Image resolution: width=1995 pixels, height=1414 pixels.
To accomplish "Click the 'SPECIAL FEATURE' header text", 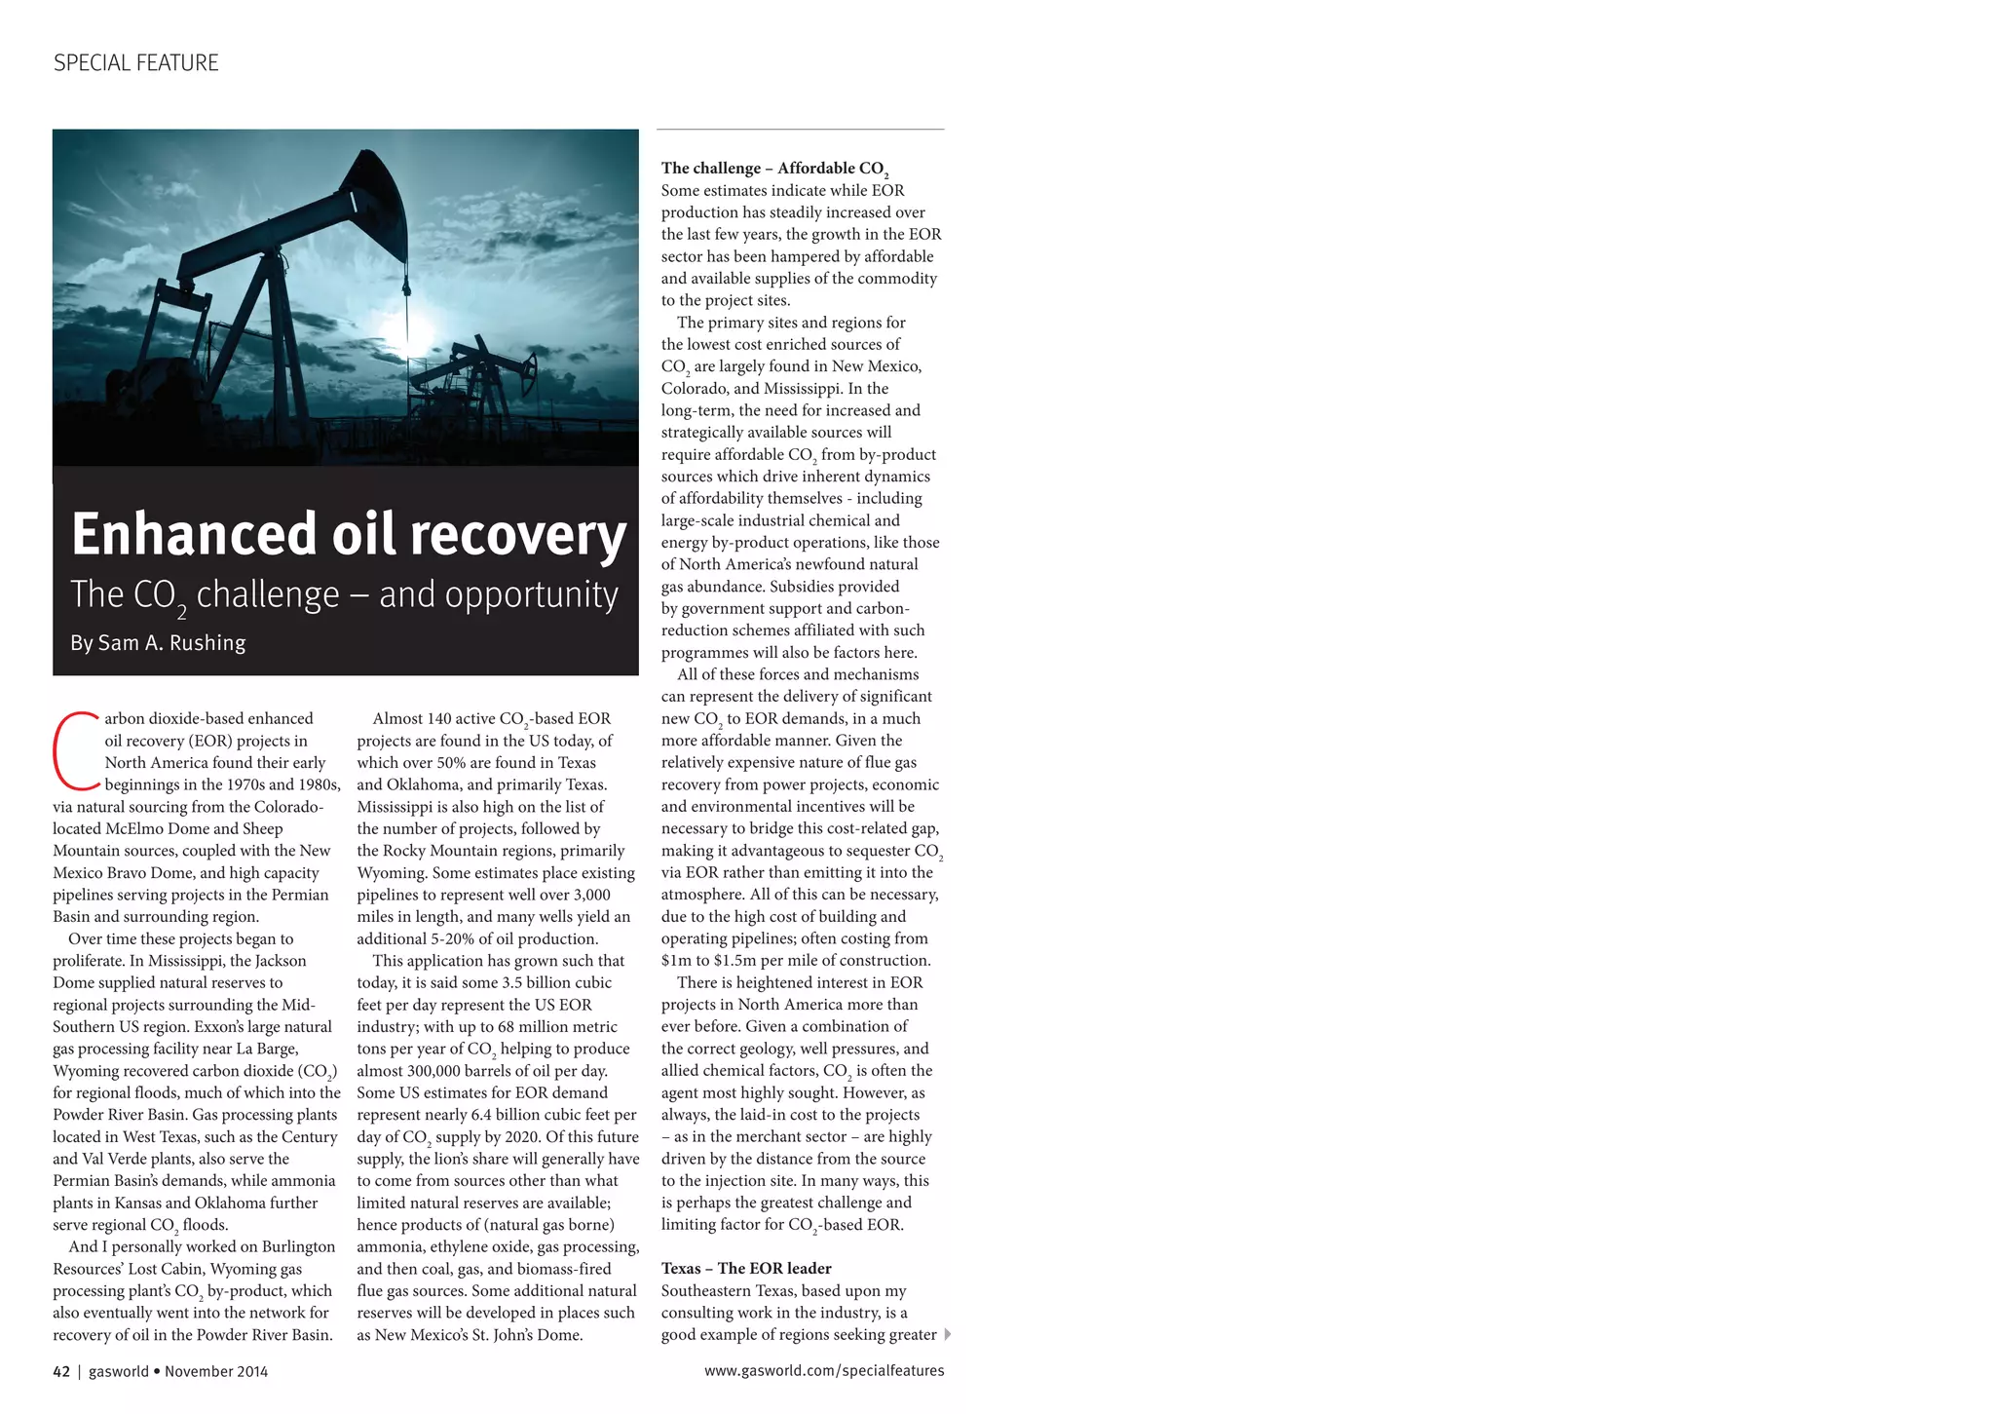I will (x=135, y=63).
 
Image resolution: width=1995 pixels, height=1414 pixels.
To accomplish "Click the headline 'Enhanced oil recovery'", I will (x=348, y=534).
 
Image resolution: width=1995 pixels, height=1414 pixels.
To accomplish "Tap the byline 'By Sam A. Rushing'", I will (x=158, y=643).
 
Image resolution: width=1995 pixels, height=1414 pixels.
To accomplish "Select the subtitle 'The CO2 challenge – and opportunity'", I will (x=344, y=594).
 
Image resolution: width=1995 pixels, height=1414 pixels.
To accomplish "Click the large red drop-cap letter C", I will (x=75, y=750).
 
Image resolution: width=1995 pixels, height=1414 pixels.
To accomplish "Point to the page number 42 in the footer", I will (x=61, y=1371).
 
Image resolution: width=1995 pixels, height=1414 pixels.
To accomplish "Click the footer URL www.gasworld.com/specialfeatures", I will (x=824, y=1370).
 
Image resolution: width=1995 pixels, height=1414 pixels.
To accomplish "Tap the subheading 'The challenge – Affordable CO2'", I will (x=774, y=169).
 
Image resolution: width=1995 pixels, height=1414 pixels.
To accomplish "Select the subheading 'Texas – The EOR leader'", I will (x=746, y=1268).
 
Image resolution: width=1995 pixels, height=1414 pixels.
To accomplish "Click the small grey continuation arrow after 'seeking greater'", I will (x=948, y=1334).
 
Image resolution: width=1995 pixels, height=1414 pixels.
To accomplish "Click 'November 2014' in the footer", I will (x=216, y=1371).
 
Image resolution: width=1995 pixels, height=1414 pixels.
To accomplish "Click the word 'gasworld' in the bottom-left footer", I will (x=119, y=1371).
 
